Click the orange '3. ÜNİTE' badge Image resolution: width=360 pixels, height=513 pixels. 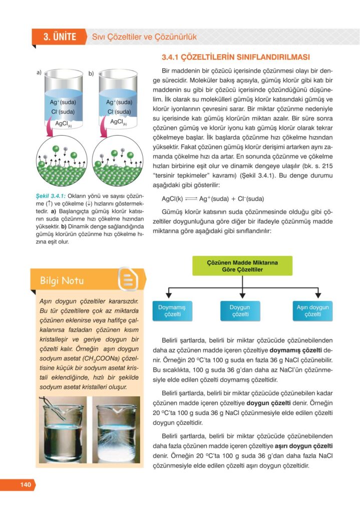59,37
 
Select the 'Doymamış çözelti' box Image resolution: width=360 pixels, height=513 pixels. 172,311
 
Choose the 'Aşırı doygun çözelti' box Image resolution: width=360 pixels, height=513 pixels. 312,311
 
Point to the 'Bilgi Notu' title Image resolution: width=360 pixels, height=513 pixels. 63,281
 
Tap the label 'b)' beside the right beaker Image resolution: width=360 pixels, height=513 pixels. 91,74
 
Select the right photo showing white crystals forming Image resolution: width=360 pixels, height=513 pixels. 117,430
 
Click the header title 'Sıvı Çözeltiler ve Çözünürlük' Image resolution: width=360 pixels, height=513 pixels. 144,37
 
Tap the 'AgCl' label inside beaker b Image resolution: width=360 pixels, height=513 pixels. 119,122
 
